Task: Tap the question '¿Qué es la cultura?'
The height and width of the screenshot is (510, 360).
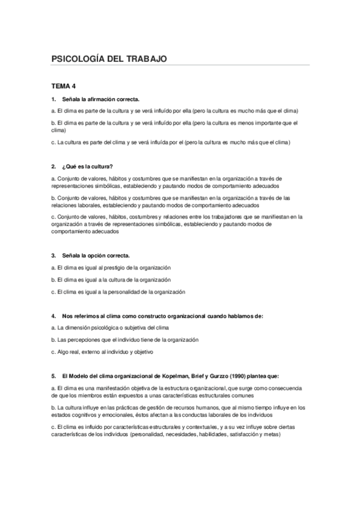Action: tap(87, 166)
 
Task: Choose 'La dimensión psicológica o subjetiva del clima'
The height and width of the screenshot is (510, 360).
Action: tap(111, 327)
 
